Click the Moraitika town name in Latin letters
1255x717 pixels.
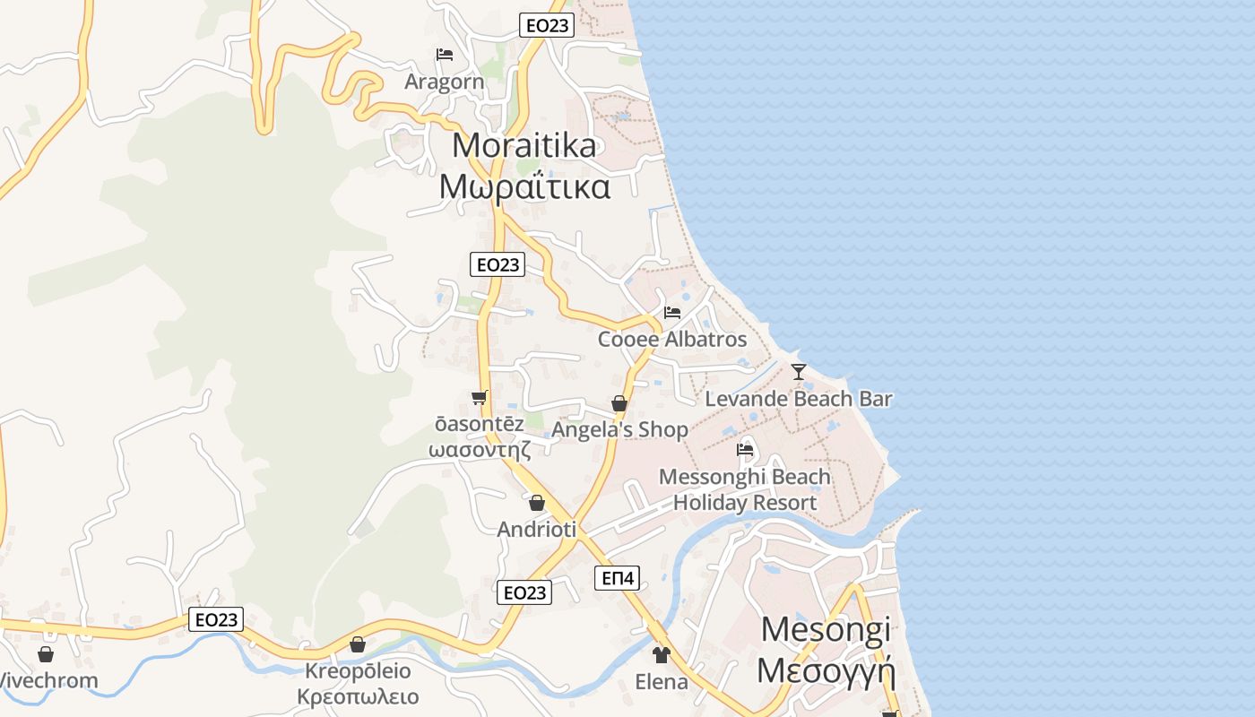pyautogui.click(x=524, y=145)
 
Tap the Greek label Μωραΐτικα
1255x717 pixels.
pyautogui.click(x=525, y=186)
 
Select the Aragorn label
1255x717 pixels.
pyautogui.click(x=445, y=82)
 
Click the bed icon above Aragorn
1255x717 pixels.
pyautogui.click(x=445, y=55)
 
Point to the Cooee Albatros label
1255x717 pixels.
pyautogui.click(x=672, y=340)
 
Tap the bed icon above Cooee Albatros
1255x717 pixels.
pyautogui.click(x=672, y=313)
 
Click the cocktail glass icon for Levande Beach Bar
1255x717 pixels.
pyautogui.click(x=799, y=371)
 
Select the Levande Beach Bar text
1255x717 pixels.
pyautogui.click(x=799, y=399)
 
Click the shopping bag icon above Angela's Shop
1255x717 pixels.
pyautogui.click(x=619, y=403)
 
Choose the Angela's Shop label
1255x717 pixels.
pyautogui.click(x=619, y=430)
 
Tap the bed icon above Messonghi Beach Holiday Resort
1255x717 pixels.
pyautogui.click(x=745, y=449)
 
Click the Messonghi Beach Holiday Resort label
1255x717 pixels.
pyautogui.click(x=745, y=489)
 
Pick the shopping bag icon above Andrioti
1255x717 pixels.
pyautogui.click(x=537, y=503)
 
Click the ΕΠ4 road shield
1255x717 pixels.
pyautogui.click(x=618, y=578)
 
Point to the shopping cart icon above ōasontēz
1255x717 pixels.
pyautogui.click(x=480, y=397)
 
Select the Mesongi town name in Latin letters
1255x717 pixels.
pyautogui.click(x=826, y=629)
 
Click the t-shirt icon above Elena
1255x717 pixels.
pyautogui.click(x=662, y=655)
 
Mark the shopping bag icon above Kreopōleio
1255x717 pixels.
pyautogui.click(x=358, y=644)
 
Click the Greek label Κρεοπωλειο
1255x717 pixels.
pyautogui.click(x=358, y=696)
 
